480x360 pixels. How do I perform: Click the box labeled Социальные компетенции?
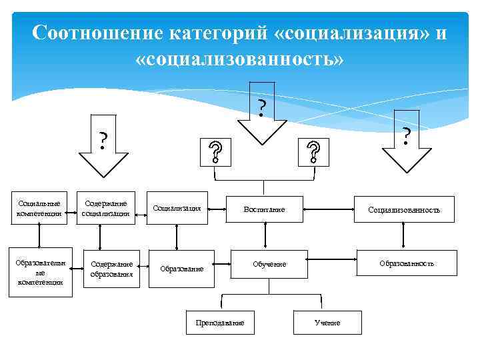pos(41,208)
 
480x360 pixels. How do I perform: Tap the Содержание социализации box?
pos(105,208)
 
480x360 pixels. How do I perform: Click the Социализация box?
pos(177,208)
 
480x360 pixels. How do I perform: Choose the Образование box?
pos(182,269)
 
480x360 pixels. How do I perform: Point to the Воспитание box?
pos(264,209)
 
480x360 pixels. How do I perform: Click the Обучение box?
pos(269,264)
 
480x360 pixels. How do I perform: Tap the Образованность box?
pos(407,263)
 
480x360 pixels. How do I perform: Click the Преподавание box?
pos(220,323)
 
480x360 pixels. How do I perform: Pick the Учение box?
pos(327,323)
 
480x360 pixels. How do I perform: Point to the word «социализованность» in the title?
pos(239,59)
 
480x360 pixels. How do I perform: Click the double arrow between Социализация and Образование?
pos(177,237)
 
